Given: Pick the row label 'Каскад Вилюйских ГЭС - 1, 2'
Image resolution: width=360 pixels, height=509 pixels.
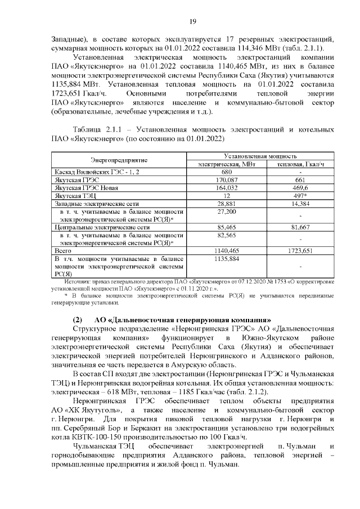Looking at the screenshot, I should click(x=88, y=172).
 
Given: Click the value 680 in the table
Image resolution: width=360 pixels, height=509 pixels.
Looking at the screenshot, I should click(x=227, y=172).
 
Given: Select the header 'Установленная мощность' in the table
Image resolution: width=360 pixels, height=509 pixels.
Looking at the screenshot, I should click(x=260, y=155).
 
